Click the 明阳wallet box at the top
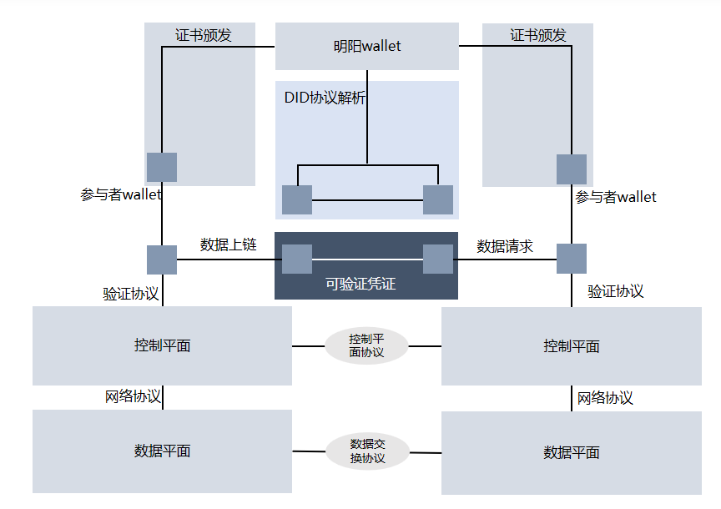coord(366,46)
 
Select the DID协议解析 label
coord(325,98)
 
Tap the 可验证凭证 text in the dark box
coord(360,284)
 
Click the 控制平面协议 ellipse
coord(366,345)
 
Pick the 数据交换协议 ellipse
coord(367,451)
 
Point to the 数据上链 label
coord(228,244)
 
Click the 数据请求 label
coord(505,246)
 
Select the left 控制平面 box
coord(162,345)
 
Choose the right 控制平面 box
coord(571,346)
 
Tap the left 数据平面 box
coord(162,451)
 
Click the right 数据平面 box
coord(571,452)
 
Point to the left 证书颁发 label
coord(203,35)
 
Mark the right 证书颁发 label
coord(538,35)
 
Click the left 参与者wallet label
coord(121,194)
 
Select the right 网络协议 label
coord(605,398)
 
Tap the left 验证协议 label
coord(131,294)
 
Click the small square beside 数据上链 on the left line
coord(162,260)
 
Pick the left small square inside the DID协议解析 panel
coord(297,200)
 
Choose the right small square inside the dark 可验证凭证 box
coord(438,259)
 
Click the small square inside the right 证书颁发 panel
coord(572,169)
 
